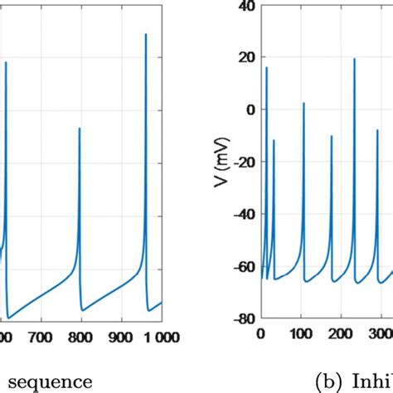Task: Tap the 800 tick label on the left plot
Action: pyautogui.click(x=80, y=337)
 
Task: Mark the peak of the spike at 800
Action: pyautogui.click(x=80, y=128)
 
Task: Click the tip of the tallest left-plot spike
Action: pyautogui.click(x=146, y=34)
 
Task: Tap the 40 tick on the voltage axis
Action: pyautogui.click(x=247, y=7)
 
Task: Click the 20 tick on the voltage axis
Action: pyautogui.click(x=247, y=59)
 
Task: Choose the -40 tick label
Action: pyautogui.click(x=244, y=215)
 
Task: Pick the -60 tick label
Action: pyautogui.click(x=244, y=267)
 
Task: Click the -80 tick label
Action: pyautogui.click(x=244, y=318)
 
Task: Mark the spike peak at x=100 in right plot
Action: pyautogui.click(x=303, y=103)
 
